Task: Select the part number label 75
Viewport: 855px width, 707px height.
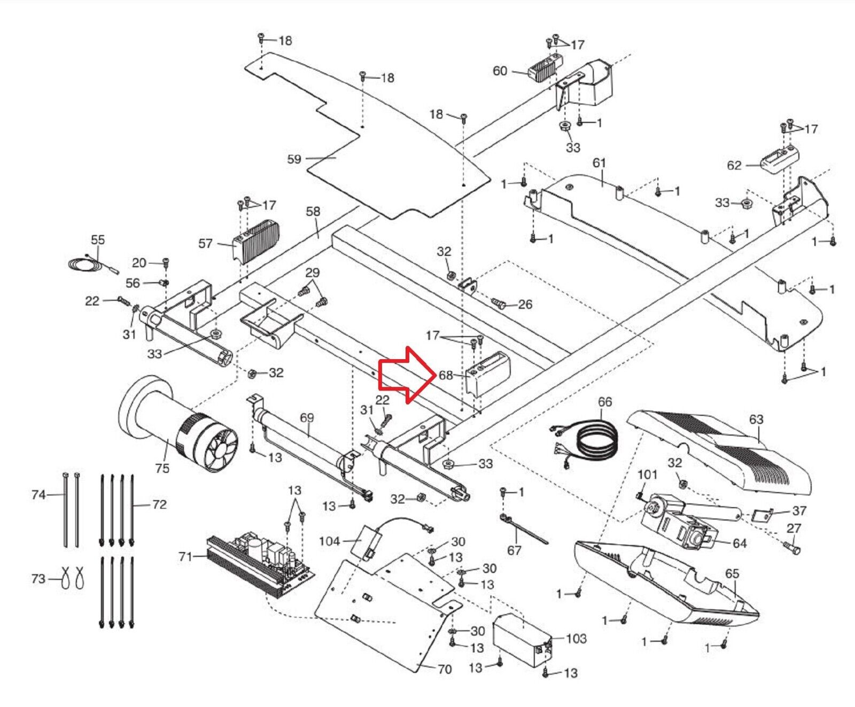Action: [162, 468]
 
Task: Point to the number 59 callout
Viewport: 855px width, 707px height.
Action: [294, 159]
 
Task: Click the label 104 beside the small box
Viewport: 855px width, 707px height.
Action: [329, 541]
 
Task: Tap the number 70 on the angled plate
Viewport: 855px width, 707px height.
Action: [445, 669]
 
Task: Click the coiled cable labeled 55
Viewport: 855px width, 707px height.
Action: [85, 263]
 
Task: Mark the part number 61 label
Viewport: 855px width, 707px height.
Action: [599, 162]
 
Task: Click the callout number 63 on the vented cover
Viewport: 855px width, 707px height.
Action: [756, 419]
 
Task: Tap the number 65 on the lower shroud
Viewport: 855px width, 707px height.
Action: [732, 573]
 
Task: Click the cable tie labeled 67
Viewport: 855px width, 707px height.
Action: [524, 529]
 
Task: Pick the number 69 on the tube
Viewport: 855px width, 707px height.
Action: [307, 417]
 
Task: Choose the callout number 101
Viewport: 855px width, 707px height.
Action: [648, 475]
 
